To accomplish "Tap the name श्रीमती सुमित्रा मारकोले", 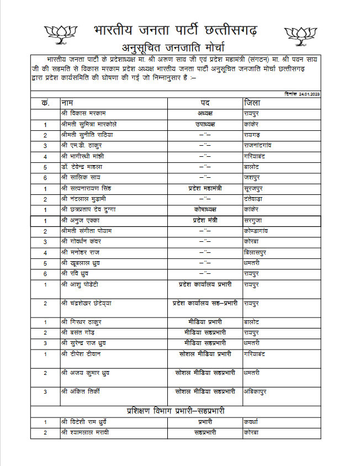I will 89,124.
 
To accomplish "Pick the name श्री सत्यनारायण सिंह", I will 88,188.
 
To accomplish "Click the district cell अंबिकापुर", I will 257,391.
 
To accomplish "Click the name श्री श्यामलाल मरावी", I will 86,432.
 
